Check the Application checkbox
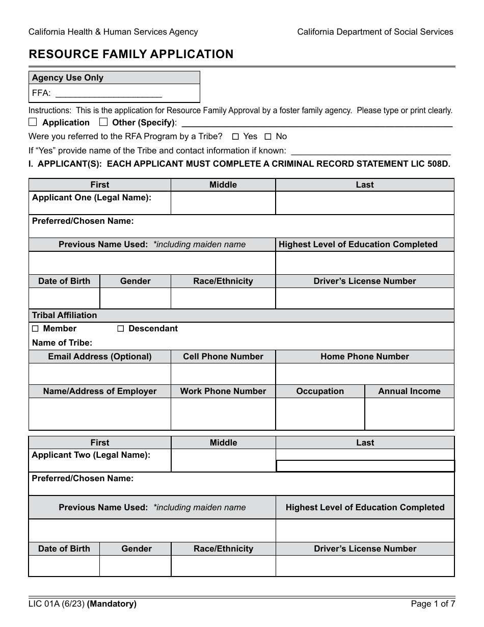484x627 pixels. (33, 122)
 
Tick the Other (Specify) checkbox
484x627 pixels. (103, 122)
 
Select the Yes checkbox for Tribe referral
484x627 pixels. (235, 137)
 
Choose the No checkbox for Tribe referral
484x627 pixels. (268, 137)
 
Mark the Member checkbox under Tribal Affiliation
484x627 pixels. (35, 329)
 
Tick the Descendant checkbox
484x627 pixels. (121, 329)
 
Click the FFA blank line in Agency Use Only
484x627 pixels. (108, 93)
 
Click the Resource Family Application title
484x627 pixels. (131, 55)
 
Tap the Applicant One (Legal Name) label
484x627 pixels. (92, 198)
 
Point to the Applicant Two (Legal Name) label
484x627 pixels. (91, 455)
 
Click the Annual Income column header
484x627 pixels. (409, 391)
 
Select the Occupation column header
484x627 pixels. (320, 391)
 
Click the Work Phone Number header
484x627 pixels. (223, 391)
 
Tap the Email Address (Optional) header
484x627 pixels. (100, 357)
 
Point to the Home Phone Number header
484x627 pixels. (365, 357)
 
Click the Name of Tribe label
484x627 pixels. (62, 343)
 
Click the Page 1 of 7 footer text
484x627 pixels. (433, 605)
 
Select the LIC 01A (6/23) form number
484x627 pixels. (57, 605)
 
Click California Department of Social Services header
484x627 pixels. (375, 32)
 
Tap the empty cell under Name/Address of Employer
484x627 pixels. (100, 414)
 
